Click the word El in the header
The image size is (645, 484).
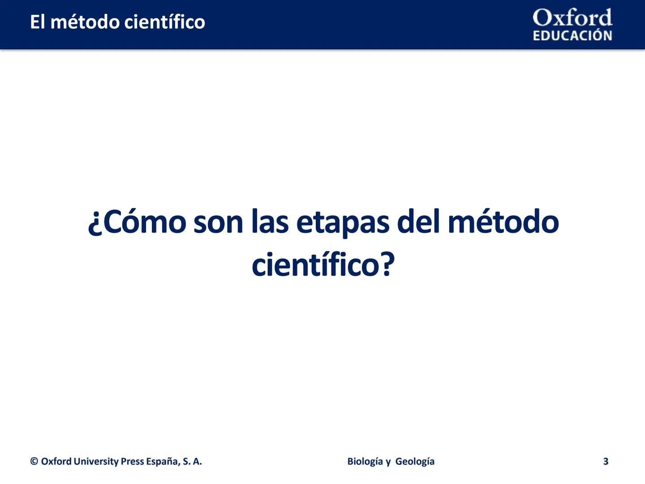tap(37, 22)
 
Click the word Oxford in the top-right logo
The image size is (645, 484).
tap(572, 18)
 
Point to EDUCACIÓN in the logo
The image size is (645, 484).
tap(572, 36)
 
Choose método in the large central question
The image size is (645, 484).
tap(503, 222)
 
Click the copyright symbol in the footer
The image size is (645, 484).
tap(34, 462)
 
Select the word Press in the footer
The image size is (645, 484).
tap(133, 462)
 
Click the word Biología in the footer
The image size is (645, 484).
tap(365, 462)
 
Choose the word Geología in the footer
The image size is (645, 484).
tap(415, 462)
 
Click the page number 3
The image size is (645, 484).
tap(606, 462)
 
